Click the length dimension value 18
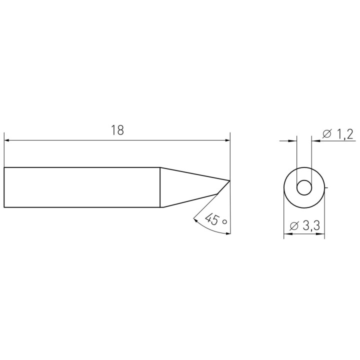pos(117,130)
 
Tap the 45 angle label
pos(212,219)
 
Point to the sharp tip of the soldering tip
pos(230,180)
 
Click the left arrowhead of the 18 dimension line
pos(6,140)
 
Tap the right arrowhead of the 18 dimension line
pos(227,140)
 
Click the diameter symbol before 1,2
pos(327,134)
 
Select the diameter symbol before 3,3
pos(294,226)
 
